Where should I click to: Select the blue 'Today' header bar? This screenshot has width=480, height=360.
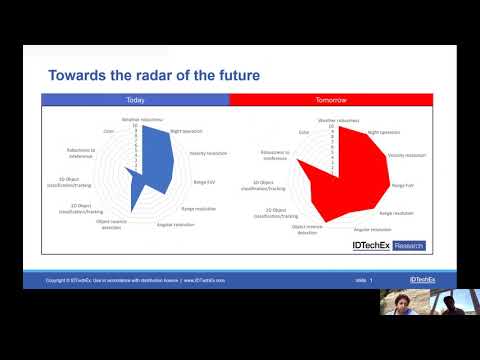[135, 100]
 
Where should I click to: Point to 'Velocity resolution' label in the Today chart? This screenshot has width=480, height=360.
[209, 153]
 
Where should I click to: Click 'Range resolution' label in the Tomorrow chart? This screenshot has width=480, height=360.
[398, 213]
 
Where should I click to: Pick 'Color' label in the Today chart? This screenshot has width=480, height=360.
[107, 131]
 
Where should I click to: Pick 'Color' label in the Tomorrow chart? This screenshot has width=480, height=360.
[302, 132]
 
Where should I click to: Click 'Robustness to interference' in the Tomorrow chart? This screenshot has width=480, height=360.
[275, 155]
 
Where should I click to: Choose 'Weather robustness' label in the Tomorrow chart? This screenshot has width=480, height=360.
[338, 119]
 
